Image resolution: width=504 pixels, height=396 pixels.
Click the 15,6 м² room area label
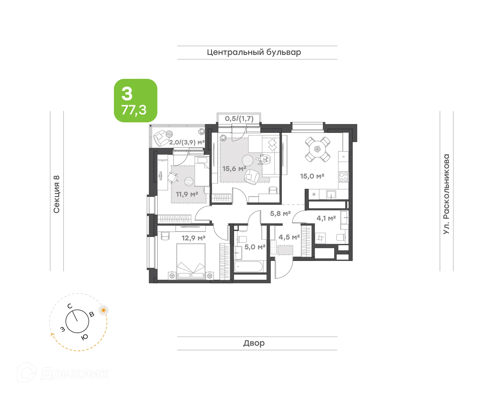pos(234,169)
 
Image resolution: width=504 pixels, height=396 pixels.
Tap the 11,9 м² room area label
pos(187,194)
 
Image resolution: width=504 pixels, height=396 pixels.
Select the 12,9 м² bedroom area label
pos(193,238)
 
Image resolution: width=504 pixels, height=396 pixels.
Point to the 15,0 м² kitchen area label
pos(312,176)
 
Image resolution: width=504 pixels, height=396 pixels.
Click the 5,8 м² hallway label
pos(280,214)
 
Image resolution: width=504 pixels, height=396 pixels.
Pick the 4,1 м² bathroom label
pos(326,218)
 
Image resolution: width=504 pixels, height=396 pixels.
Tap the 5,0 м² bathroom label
pos(255,247)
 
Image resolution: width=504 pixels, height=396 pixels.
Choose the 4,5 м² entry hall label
pos(289,237)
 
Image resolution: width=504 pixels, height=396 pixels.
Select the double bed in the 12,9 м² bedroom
pos(191,261)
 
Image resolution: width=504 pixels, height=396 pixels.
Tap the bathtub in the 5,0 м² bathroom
pos(248,267)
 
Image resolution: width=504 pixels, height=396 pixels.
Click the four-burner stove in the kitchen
pos(343,177)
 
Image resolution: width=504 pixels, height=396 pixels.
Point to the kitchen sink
pos(331,195)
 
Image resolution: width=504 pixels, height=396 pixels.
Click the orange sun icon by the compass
pos(103,310)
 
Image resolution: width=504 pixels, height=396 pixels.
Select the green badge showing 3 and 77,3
pos(135,101)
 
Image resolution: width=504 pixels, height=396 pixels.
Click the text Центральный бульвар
pos(254,52)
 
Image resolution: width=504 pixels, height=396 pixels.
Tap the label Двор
pos(254,343)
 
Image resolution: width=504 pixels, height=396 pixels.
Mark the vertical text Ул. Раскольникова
pos(446,194)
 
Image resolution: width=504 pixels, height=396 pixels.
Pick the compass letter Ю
pos(85,337)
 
